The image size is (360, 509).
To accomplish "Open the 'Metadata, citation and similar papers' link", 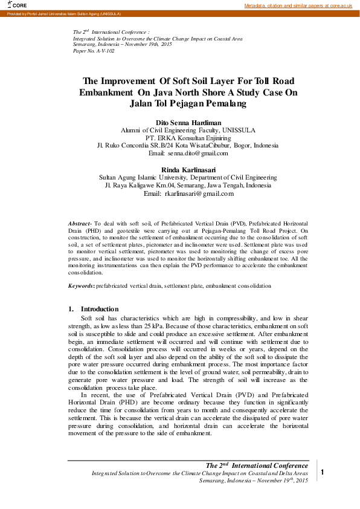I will point(298,5).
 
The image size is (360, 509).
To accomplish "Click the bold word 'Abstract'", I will point(79,224).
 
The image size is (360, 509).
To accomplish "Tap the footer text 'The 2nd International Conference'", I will point(257,465).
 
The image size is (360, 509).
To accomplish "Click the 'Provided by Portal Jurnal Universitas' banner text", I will point(63,13).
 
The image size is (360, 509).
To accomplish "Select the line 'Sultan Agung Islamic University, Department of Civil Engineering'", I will point(188,178).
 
